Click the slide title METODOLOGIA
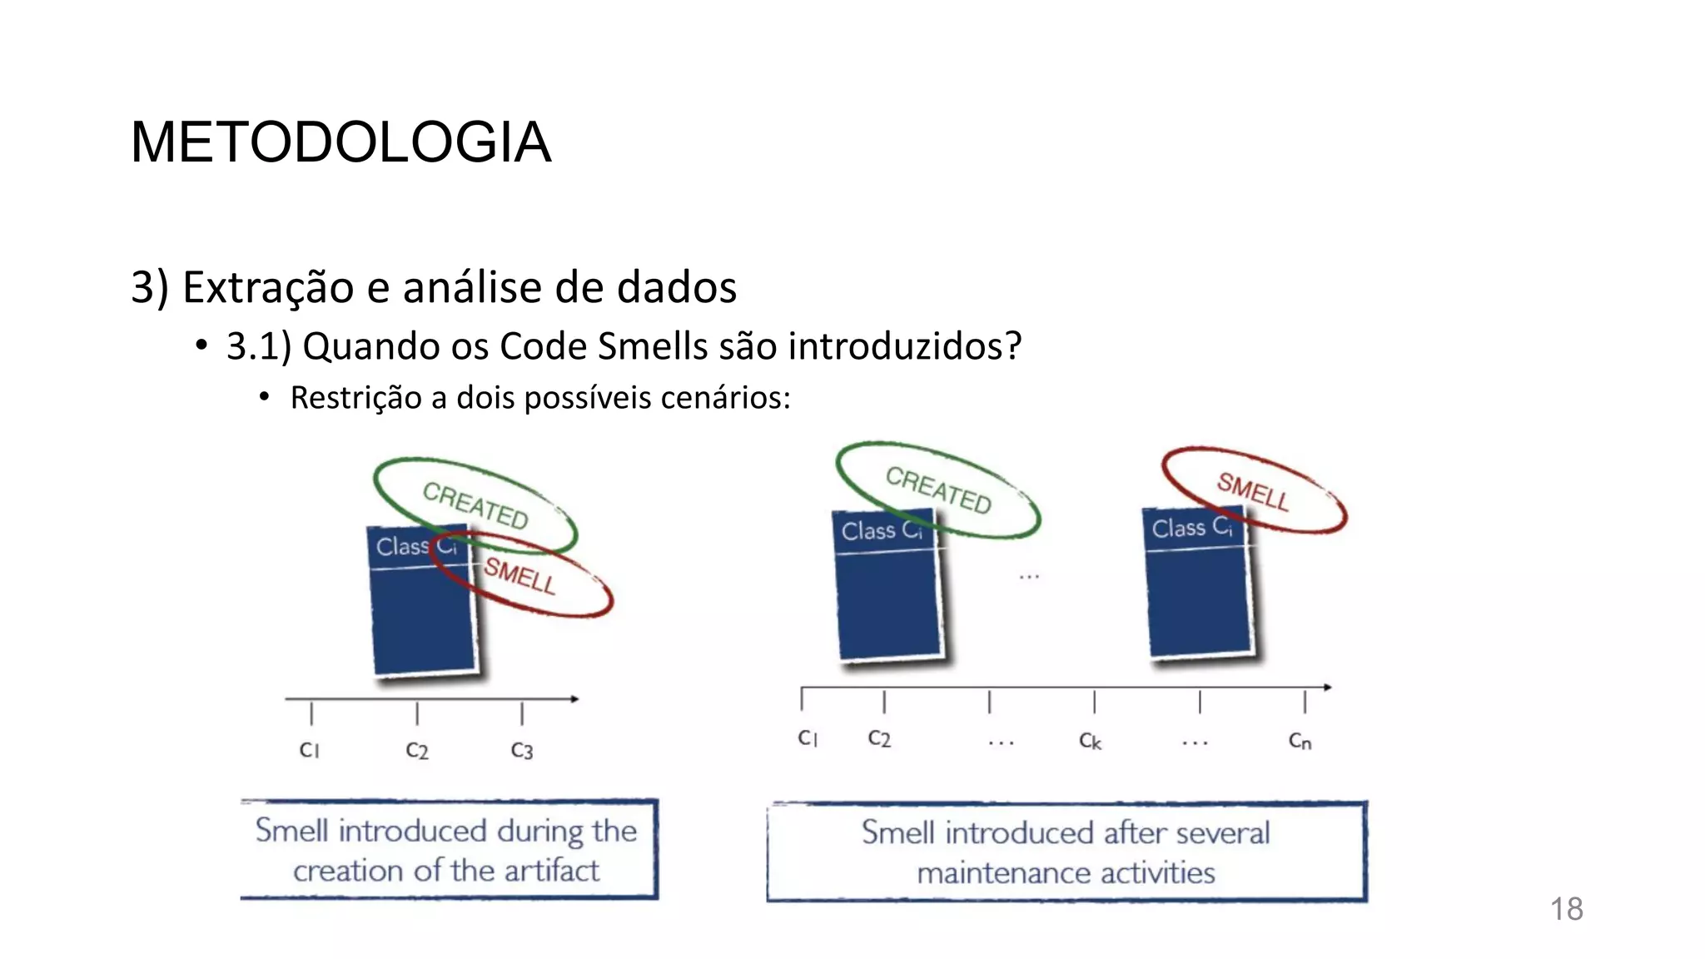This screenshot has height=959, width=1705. pyautogui.click(x=341, y=142)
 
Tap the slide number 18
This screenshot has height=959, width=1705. pyautogui.click(x=1566, y=909)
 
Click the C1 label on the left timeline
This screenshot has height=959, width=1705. pyautogui.click(x=310, y=750)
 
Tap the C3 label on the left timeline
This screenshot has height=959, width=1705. pyautogui.click(x=522, y=751)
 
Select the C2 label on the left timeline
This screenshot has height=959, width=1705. pyautogui.click(x=417, y=751)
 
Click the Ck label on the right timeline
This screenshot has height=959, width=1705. pyautogui.click(x=1091, y=740)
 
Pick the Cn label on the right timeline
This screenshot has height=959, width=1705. pyautogui.click(x=1300, y=740)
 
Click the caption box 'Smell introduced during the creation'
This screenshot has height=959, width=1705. pyautogui.click(x=448, y=850)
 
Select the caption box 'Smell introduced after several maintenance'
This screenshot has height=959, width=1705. pyautogui.click(x=1066, y=852)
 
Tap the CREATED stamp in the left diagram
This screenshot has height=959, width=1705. pyautogui.click(x=475, y=504)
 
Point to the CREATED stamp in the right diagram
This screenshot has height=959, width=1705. pyautogui.click(x=938, y=489)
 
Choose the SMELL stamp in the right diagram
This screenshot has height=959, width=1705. pyautogui.click(x=1254, y=490)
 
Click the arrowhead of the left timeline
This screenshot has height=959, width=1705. pyautogui.click(x=574, y=698)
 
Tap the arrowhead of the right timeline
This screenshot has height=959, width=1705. pyautogui.click(x=1328, y=688)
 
